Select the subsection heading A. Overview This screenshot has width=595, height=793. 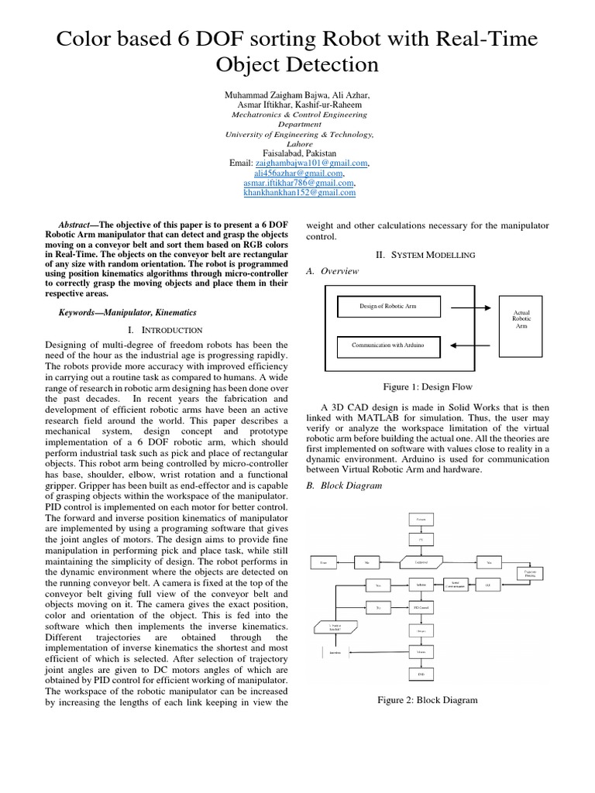334,271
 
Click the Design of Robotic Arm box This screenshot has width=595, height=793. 388,307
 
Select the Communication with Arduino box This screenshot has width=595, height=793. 387,342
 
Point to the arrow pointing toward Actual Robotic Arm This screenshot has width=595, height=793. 469,307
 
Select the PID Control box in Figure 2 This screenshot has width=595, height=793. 421,607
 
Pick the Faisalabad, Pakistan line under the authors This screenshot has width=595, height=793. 298,153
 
